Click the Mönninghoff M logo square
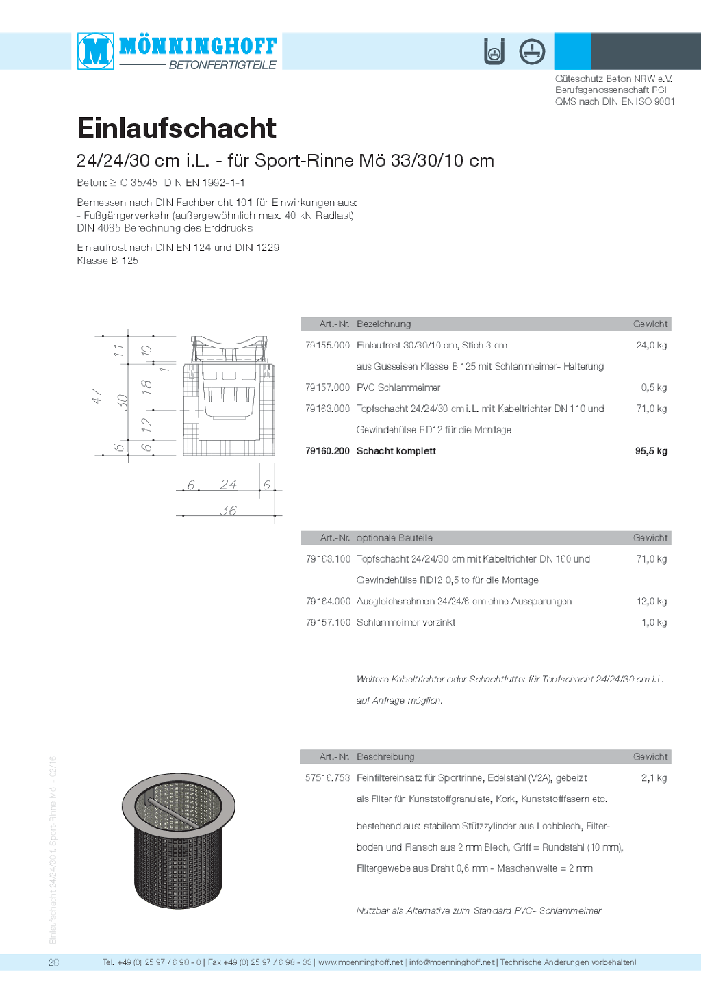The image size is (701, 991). coord(95,51)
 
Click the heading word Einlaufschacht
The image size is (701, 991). coord(177,128)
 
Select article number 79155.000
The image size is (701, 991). coord(327,346)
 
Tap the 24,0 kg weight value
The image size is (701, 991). coord(651,346)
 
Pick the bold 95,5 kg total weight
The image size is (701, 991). coord(651,451)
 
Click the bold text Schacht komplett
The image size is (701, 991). coord(396,451)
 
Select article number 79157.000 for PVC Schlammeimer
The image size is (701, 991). coord(327,387)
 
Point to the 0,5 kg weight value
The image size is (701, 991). coord(654,387)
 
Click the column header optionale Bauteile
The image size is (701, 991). coord(394,538)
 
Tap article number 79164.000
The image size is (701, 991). coord(328,602)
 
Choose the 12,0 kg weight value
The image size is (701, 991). coord(652,602)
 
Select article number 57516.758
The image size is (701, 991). coord(327,778)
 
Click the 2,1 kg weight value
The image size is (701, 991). coord(654,778)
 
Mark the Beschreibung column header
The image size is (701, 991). coord(385,757)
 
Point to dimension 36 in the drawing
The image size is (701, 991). coord(229,511)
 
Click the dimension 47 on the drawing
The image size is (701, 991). coord(97,396)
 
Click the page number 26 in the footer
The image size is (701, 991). coord(53,962)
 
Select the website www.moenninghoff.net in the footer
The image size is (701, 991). coord(361,962)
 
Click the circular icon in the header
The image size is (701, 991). coord(532,51)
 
